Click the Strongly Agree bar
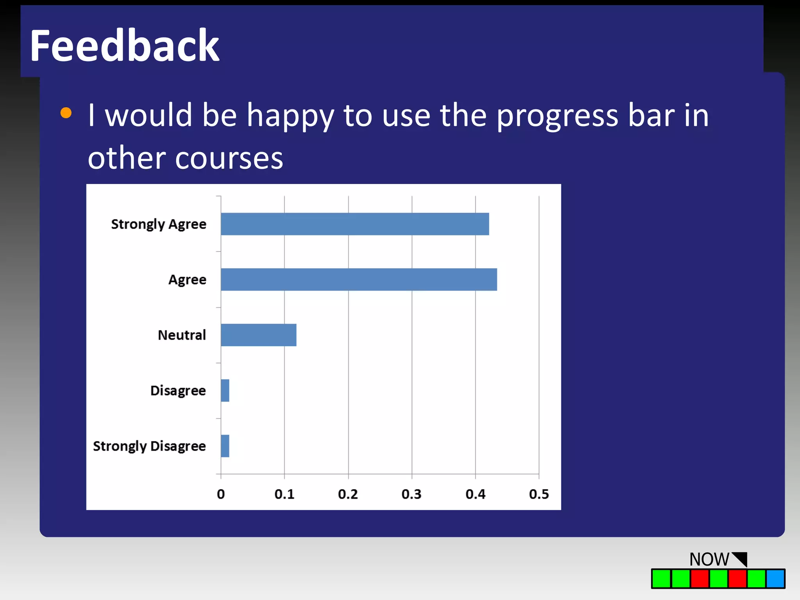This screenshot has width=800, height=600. pos(355,224)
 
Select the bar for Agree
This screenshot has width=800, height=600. pos(359,279)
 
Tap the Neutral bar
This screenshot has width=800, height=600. pos(258,335)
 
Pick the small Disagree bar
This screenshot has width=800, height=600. pos(225,390)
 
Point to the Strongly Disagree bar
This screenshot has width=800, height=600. pos(225,446)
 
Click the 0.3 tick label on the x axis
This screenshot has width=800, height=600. pos(411,494)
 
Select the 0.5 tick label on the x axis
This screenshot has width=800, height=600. pos(539,494)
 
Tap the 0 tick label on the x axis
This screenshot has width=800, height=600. pos(221,494)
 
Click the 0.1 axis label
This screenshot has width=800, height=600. pos(284,494)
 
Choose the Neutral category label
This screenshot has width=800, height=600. pos(182,335)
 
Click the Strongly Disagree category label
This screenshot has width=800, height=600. pos(149,446)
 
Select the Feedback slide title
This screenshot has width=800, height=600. pos(124,46)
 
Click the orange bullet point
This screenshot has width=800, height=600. pos(66,113)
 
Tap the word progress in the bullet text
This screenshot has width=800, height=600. pos(557,116)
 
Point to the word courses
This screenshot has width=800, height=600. pos(229,158)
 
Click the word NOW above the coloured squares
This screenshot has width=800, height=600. pos(709,559)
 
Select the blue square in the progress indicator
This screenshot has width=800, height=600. pos(775,579)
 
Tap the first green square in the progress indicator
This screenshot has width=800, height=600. pos(661,579)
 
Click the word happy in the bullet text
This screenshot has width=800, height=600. pos(290,116)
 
